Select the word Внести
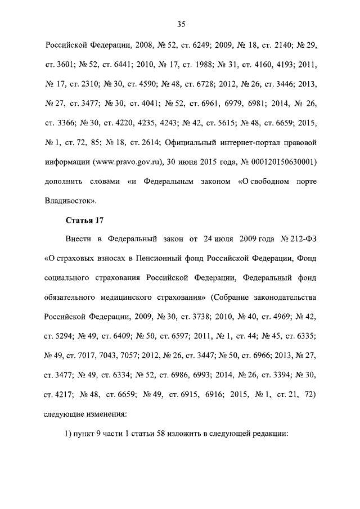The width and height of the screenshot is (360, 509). [x=78, y=241]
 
